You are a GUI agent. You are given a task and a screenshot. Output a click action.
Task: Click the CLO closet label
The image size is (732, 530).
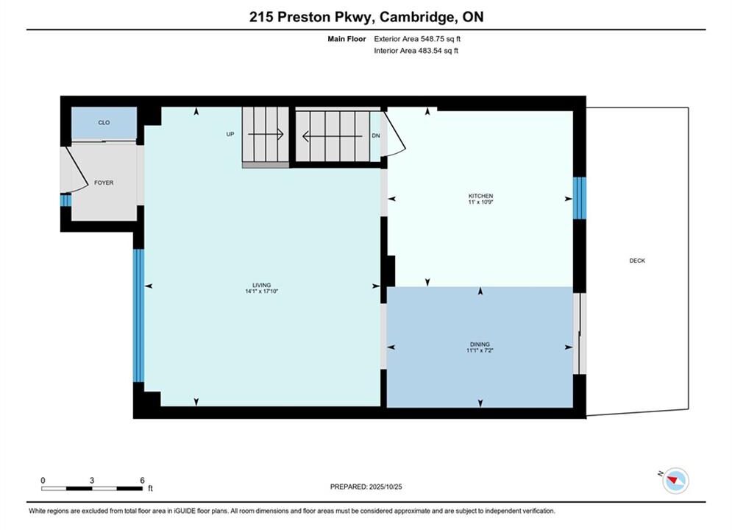(104, 122)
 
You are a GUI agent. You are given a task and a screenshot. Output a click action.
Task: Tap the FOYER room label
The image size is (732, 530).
(104, 183)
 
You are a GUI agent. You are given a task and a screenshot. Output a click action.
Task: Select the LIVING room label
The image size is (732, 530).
(261, 285)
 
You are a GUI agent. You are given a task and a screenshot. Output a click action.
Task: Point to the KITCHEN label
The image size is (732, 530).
(481, 196)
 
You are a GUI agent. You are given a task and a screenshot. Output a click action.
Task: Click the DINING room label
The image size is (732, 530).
(480, 344)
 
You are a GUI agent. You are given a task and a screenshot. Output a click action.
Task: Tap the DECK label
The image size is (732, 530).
(637, 261)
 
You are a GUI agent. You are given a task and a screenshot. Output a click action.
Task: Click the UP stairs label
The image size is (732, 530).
(230, 134)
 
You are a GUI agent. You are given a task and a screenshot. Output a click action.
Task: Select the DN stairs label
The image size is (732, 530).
(376, 135)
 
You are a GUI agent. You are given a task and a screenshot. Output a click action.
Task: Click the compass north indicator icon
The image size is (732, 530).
(675, 480)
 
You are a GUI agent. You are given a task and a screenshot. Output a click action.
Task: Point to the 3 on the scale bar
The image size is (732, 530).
(92, 480)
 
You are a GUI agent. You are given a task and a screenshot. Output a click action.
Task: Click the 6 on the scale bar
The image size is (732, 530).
(143, 480)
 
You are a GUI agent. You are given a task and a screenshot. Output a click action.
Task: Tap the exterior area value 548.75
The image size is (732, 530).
(432, 39)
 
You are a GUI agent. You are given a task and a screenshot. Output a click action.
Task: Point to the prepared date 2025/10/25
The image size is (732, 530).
(385, 487)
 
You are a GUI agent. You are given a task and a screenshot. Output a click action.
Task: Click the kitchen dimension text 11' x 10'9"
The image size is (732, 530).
(481, 202)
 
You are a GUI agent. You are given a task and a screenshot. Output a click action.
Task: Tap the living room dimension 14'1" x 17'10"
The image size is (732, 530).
(261, 291)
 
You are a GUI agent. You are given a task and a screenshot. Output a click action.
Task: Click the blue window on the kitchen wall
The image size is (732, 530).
(579, 198)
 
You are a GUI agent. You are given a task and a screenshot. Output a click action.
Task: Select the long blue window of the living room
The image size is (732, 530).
(138, 316)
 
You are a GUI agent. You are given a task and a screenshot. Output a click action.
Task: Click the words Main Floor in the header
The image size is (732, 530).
(347, 39)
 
